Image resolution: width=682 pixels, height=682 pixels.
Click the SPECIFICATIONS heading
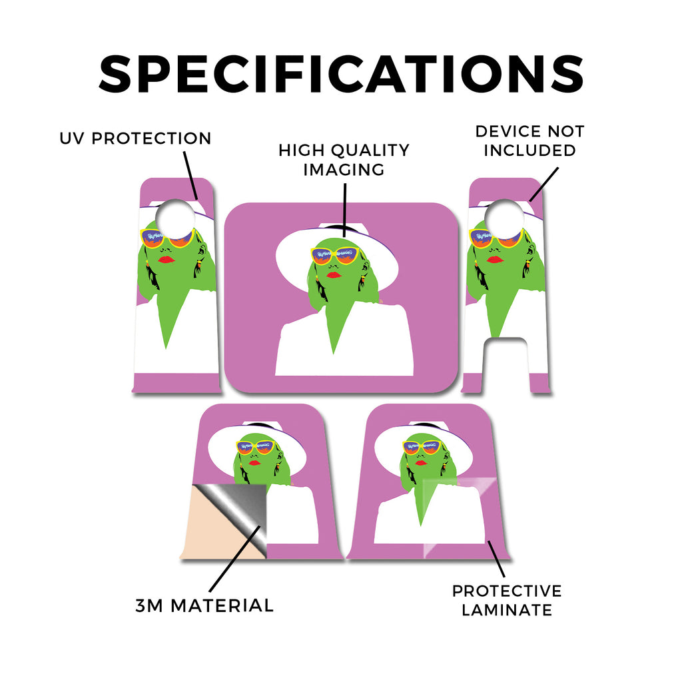[341, 74]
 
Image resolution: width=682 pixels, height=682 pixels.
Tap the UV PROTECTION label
[135, 139]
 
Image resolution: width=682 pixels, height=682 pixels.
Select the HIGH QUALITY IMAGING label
[344, 160]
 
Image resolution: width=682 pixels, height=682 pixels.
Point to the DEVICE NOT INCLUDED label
[529, 141]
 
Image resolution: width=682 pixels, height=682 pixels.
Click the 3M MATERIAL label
[204, 605]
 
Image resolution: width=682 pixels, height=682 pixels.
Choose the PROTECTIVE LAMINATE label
[507, 600]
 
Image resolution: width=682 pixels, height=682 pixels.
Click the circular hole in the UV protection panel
[175, 219]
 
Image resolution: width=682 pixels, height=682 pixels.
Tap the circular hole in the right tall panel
[505, 219]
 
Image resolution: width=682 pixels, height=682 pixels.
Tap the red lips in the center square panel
[334, 275]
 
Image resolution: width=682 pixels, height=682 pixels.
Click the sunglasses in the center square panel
[335, 255]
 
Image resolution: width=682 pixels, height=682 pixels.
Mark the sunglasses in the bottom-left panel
[255, 447]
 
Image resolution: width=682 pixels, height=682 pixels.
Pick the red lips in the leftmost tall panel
[167, 260]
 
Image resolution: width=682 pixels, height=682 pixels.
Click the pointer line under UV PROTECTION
[190, 175]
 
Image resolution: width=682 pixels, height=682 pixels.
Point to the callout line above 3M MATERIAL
[235, 559]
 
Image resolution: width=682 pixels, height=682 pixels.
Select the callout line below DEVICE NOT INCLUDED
[543, 184]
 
